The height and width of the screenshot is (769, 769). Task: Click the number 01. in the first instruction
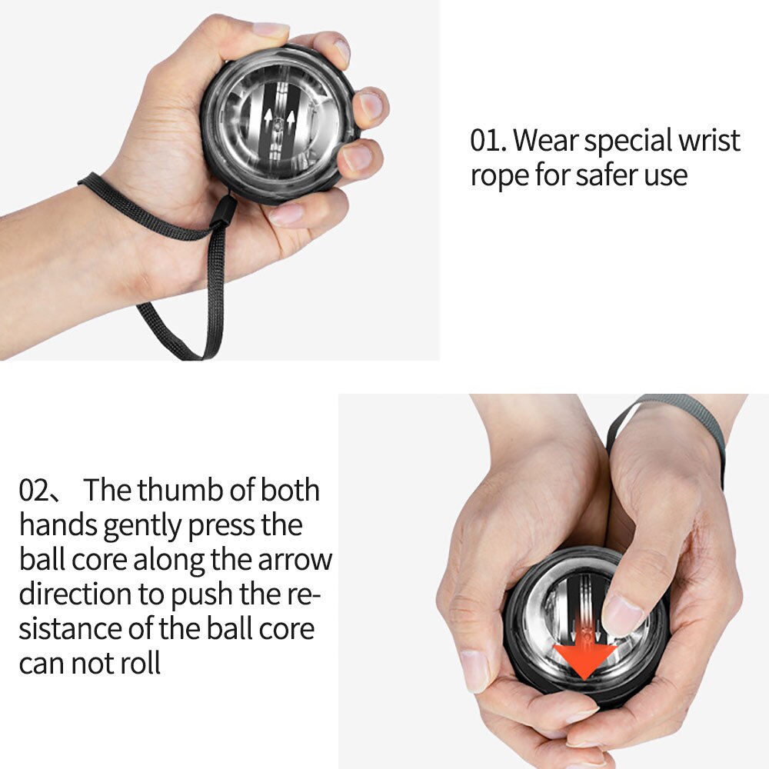click(488, 141)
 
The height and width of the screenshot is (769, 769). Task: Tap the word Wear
click(545, 141)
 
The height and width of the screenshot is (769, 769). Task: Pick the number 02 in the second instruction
click(35, 491)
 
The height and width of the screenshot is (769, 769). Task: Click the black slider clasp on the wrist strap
click(224, 211)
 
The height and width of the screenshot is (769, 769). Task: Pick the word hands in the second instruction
click(58, 526)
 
